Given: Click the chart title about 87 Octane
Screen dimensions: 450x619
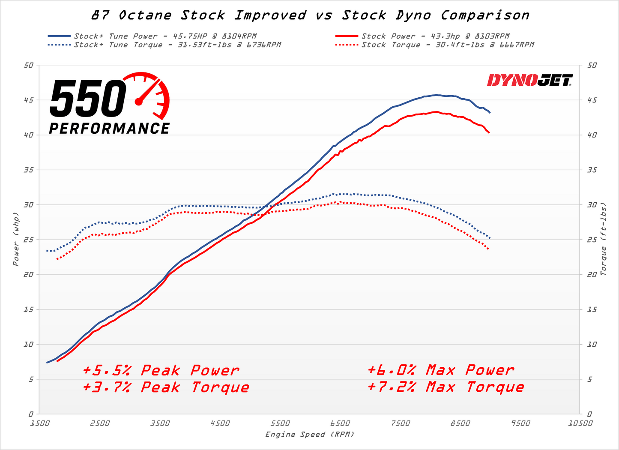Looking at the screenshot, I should tap(310, 15).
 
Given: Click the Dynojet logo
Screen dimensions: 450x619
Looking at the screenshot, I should tap(530, 80).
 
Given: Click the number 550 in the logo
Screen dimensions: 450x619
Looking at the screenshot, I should tap(88, 99).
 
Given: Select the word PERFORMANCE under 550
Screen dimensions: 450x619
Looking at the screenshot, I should tap(109, 129).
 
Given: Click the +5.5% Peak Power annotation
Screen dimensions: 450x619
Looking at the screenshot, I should tap(161, 370).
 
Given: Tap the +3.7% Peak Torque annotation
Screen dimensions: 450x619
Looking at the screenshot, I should tap(166, 387).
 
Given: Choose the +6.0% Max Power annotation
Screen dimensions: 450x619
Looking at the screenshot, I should tap(440, 370).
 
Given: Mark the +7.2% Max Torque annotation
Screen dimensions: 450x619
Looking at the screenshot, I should tap(446, 387).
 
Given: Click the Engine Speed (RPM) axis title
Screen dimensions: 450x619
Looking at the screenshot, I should tap(310, 435).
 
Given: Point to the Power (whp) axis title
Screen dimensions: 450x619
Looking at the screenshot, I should tap(16, 239).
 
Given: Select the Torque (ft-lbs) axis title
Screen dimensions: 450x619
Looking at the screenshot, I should tap(604, 239).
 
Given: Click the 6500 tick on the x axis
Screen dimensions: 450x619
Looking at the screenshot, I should tap(340, 423).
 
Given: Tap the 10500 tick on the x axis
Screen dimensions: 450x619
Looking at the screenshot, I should tap(580, 423).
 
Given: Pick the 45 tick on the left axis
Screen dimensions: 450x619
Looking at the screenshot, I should tap(28, 100).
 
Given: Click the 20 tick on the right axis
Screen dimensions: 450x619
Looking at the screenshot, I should tap(592, 274).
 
